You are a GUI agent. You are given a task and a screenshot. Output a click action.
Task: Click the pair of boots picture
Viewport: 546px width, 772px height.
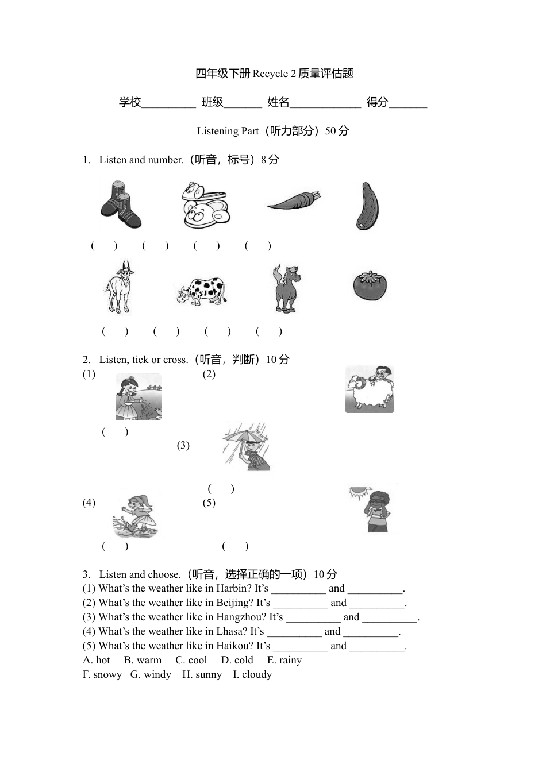120,206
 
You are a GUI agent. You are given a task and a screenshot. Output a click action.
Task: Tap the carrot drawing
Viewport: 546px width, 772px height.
293,202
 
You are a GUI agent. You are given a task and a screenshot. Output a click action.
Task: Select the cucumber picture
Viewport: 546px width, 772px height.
367,206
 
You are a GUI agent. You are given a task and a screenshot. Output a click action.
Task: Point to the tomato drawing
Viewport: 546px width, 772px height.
370,285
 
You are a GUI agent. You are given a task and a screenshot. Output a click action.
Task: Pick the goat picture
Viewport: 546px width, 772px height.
120,288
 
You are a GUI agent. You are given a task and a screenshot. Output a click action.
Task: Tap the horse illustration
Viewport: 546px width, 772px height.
286,288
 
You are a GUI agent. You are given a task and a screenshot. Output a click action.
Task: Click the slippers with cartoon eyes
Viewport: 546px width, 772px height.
205,205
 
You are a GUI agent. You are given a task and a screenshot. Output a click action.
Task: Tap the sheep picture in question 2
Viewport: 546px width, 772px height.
369,390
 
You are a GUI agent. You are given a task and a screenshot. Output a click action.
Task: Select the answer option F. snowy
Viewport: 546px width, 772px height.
102,674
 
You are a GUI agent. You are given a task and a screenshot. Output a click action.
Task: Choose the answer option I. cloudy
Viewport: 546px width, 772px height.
252,674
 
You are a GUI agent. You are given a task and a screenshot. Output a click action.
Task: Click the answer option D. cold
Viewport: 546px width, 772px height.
237,660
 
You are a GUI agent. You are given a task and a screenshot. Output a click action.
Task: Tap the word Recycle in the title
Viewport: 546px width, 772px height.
270,74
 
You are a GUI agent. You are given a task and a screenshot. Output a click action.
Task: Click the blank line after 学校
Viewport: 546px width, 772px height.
168,104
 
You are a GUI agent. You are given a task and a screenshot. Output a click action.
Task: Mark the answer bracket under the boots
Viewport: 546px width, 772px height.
104,246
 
